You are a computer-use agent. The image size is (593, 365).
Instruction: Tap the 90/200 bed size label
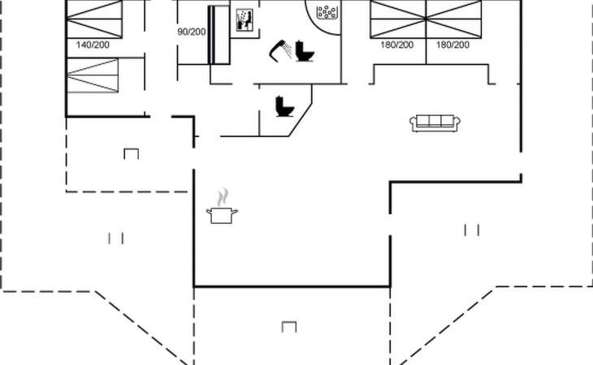(x=192, y=32)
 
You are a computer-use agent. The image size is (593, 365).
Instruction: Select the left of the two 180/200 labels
(x=397, y=45)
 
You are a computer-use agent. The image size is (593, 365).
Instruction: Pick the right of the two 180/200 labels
(x=453, y=45)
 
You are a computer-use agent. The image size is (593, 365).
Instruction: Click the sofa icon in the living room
(x=435, y=122)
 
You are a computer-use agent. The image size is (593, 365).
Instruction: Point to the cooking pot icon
(x=222, y=215)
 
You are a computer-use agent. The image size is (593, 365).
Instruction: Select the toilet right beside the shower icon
(x=305, y=52)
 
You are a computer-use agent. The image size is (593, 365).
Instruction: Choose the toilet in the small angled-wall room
(x=284, y=106)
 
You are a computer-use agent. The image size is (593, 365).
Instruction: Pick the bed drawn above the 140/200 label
(x=96, y=16)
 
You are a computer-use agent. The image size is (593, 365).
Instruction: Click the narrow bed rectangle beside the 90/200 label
(x=219, y=34)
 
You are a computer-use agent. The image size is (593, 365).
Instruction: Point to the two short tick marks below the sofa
(x=471, y=230)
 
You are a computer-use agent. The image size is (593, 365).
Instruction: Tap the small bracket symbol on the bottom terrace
(x=288, y=326)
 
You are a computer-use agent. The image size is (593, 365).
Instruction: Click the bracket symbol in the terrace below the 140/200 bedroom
(x=132, y=152)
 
